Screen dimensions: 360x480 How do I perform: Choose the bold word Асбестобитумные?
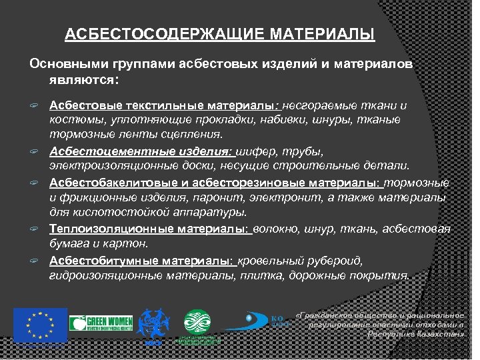[x=95, y=260]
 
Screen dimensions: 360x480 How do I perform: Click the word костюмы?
[x=72, y=120]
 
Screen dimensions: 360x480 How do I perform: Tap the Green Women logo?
[x=101, y=323]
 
